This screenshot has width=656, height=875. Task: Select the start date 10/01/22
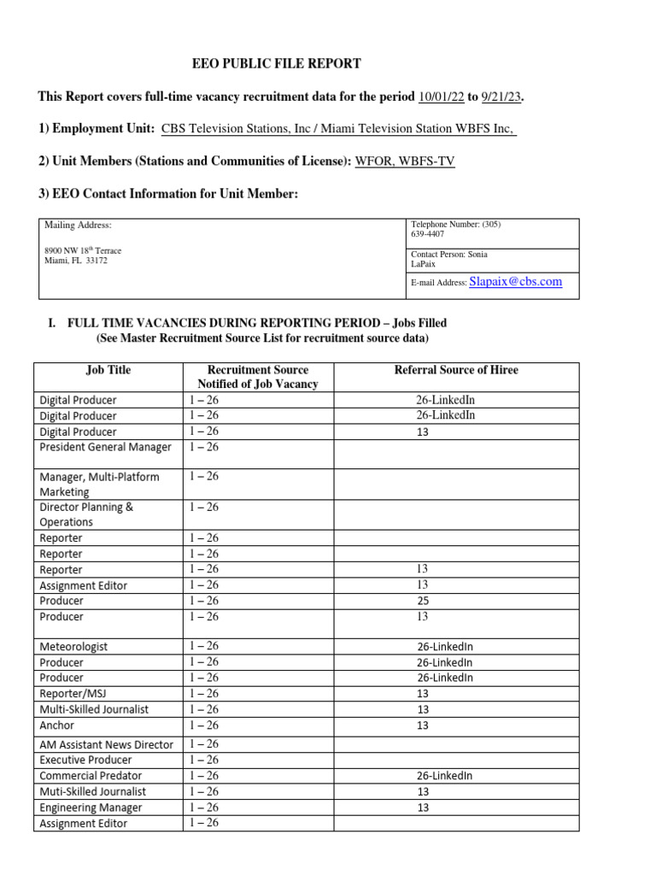[441, 97]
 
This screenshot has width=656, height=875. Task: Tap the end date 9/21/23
[501, 97]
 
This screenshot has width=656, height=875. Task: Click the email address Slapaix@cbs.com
[516, 281]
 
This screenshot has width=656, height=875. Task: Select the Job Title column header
[108, 370]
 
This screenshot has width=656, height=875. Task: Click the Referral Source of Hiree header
[456, 370]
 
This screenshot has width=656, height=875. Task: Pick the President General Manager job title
[105, 447]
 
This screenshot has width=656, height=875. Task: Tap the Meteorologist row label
[73, 647]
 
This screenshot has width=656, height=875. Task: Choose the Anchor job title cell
[57, 725]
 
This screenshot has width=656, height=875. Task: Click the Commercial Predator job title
[91, 776]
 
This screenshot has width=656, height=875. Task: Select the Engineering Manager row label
[91, 807]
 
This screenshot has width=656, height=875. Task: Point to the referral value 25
[423, 601]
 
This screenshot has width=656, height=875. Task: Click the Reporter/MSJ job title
[79, 694]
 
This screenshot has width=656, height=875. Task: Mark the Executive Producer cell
[85, 760]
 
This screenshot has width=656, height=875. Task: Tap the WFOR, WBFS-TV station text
[405, 161]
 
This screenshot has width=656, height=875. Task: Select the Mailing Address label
[78, 226]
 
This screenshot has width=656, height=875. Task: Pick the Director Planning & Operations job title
[86, 514]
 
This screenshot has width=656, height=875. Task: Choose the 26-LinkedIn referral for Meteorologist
[445, 647]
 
